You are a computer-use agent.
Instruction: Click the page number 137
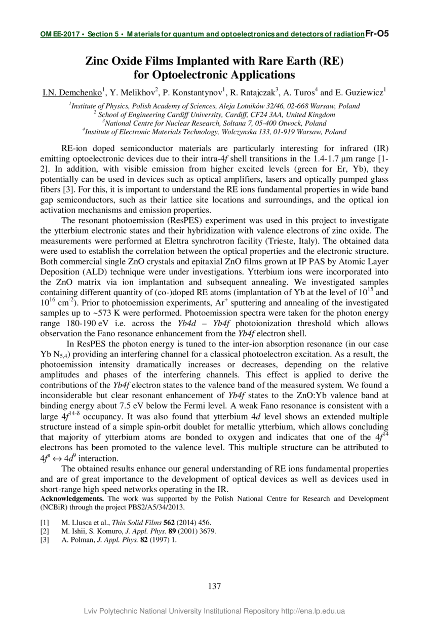coord(214,586)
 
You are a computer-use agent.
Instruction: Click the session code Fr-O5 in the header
coord(377,34)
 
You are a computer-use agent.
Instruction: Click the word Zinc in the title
coord(98,62)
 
